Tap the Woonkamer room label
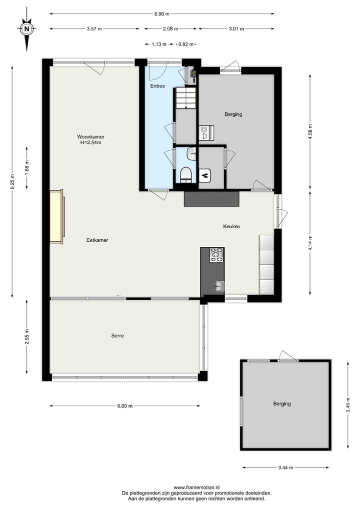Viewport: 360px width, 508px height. [x=90, y=136]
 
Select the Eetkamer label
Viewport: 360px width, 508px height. [x=97, y=240]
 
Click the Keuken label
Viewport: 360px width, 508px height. [x=231, y=226]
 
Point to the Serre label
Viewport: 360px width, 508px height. [x=117, y=336]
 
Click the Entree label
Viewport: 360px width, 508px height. [x=157, y=86]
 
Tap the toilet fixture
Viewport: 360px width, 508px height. [x=186, y=175]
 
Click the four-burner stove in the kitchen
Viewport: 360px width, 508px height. [x=216, y=255]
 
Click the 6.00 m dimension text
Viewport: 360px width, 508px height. [x=124, y=406]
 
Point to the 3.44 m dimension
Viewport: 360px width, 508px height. [x=285, y=468]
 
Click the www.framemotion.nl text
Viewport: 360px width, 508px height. [x=197, y=487]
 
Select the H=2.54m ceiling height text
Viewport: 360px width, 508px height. [x=90, y=142]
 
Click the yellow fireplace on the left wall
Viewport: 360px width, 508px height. [x=56, y=216]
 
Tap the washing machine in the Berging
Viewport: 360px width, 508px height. [x=205, y=132]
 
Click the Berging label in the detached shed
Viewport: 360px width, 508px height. [x=282, y=404]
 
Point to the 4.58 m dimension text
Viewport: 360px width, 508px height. [x=310, y=132]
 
